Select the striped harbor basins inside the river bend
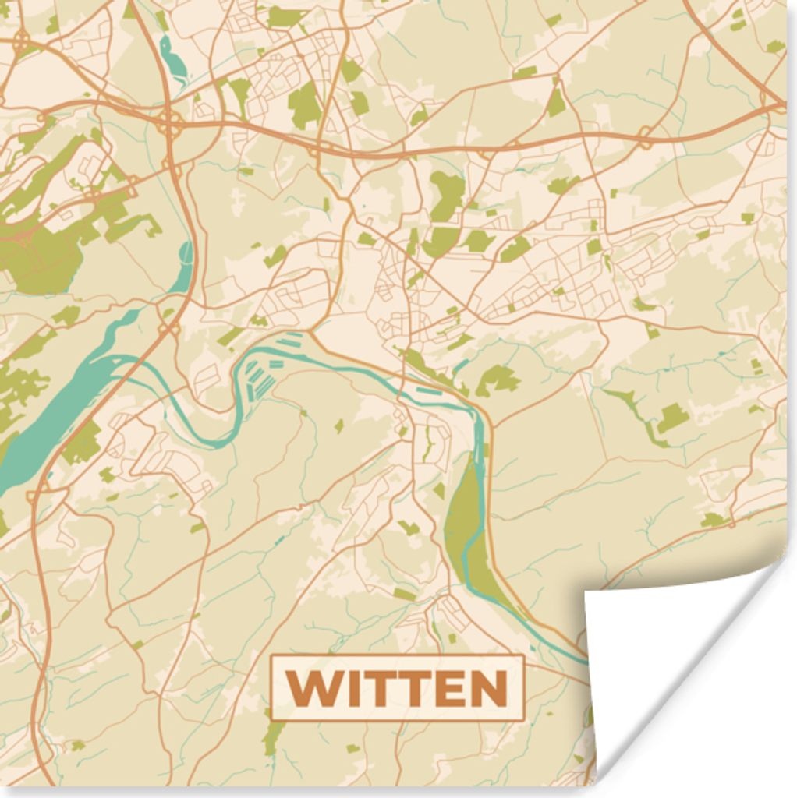coord(261,382)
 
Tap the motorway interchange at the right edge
coord(772,101)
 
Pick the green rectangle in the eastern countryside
coord(672,418)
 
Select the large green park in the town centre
coord(447,195)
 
